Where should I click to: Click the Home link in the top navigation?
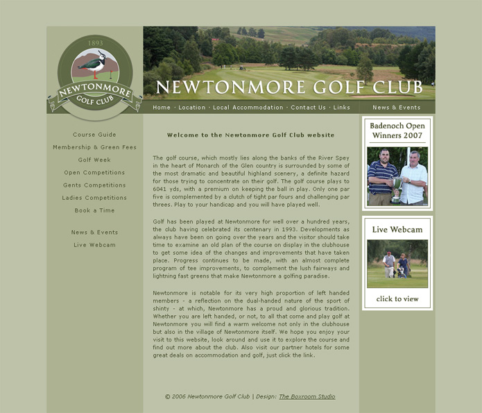coord(162,108)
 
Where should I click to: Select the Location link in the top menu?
coord(192,108)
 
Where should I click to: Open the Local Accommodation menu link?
coord(248,108)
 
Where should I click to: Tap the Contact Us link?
coord(308,108)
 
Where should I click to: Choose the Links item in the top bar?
coord(341,108)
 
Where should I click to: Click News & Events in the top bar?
coord(396,108)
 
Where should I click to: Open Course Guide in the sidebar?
coord(94,135)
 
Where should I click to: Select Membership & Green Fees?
coord(94,147)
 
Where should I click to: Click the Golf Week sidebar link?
coord(94,160)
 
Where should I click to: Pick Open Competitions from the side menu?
coord(94,173)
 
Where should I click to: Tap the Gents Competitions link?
coord(94,185)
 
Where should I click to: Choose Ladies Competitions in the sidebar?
coord(94,198)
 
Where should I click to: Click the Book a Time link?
coord(94,210)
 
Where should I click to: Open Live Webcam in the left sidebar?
coord(94,245)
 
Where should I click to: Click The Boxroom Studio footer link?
coord(307,397)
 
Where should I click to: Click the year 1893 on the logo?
coord(95,43)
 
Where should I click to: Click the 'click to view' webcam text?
coord(397,299)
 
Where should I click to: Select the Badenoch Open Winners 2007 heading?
coord(397,130)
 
